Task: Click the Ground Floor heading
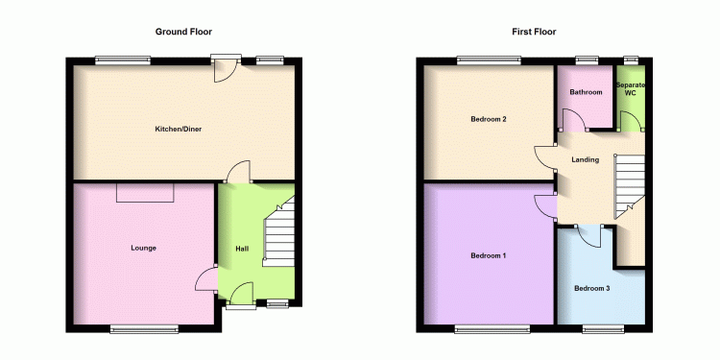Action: pos(183,32)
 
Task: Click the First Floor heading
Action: pos(534,32)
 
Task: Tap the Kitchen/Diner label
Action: pos(179,129)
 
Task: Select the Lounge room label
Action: pos(144,248)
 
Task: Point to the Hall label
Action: pos(242,249)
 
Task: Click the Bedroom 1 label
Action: pos(489,255)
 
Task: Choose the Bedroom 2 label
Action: pos(489,119)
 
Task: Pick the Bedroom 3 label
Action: pos(592,289)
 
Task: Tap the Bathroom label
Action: pos(586,92)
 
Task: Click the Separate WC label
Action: pos(631,89)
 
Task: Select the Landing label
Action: pos(586,159)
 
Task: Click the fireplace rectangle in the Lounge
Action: pos(145,192)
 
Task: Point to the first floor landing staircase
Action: pos(630,186)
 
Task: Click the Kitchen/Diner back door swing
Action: pos(226,70)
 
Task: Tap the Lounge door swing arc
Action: pos(205,279)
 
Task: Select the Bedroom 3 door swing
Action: pos(589,236)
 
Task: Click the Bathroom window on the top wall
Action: pos(588,59)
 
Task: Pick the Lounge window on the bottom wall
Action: pos(144,328)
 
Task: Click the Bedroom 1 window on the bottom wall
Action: pos(492,328)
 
